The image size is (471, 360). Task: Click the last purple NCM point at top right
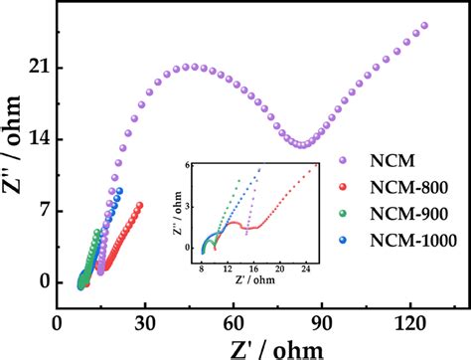(424, 26)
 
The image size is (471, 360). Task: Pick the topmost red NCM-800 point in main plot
(139, 206)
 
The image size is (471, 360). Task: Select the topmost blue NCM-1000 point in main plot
(119, 191)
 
